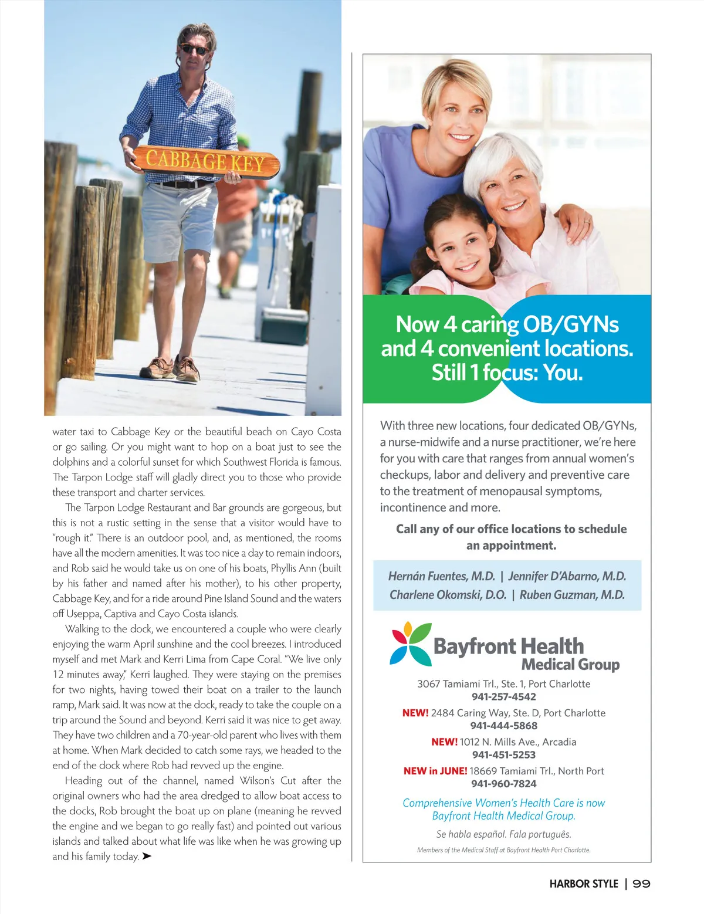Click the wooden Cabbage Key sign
[x=206, y=161]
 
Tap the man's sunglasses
[x=194, y=50]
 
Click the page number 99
[x=641, y=883]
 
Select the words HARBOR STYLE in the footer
[x=584, y=883]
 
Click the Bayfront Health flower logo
[x=411, y=644]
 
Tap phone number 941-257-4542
[x=504, y=696]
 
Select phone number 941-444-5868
[x=504, y=726]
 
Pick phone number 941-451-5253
[x=504, y=754]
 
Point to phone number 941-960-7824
[x=504, y=784]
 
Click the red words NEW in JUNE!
[x=435, y=771]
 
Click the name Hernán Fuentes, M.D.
[x=442, y=576]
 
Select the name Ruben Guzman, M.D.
[x=572, y=595]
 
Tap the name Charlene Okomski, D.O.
[x=448, y=595]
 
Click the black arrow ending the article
[x=147, y=857]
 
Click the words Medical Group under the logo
[x=570, y=665]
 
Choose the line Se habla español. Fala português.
[x=504, y=834]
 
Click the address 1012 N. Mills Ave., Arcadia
[x=518, y=742]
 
